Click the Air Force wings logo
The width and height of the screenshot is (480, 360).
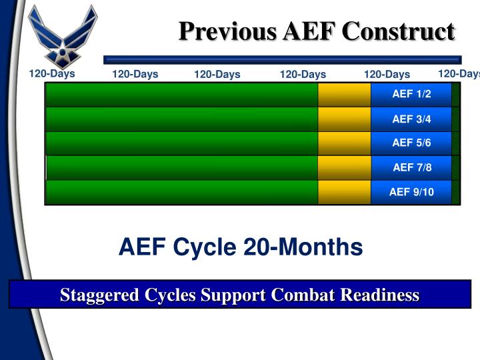[64, 33]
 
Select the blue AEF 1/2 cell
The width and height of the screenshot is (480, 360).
[411, 94]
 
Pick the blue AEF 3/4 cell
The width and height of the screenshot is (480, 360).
[411, 119]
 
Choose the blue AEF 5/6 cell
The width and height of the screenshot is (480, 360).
[411, 143]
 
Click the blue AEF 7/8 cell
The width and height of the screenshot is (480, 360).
[411, 167]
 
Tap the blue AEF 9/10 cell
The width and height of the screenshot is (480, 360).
[411, 192]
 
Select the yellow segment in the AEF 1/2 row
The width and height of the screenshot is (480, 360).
[344, 94]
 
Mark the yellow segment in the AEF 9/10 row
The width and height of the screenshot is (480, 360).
[344, 192]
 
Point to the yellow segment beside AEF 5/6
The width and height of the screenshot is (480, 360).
[344, 143]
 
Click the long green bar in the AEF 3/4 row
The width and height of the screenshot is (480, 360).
[181, 119]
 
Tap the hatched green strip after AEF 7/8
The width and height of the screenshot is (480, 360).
[456, 167]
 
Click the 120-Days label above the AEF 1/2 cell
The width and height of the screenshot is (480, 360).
[387, 74]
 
